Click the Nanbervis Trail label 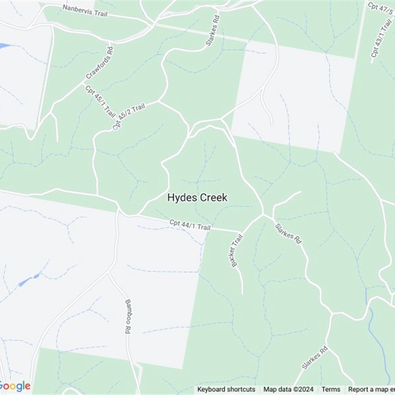84,11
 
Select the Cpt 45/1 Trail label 100,101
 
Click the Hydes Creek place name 197,197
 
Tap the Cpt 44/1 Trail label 190,225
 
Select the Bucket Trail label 237,250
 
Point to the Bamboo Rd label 127,316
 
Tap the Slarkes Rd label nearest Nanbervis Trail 212,28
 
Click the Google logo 15,386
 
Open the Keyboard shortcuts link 226,390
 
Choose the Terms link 331,390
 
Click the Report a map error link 371,390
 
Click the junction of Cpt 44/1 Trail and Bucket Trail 240,231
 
